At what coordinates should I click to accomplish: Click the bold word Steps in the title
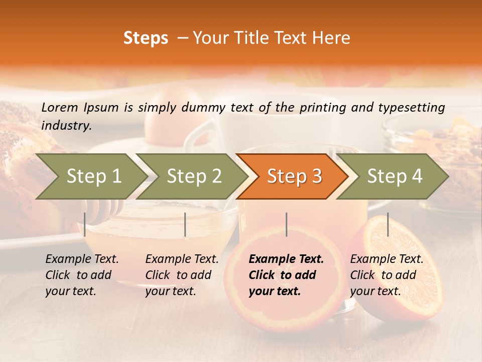click(146, 38)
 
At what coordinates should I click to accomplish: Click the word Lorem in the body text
click(60, 107)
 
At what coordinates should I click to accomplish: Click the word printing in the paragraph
click(321, 107)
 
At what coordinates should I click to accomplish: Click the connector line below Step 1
click(85, 224)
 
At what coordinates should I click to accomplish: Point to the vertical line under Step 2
click(185, 224)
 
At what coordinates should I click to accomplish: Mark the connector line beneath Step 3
click(286, 224)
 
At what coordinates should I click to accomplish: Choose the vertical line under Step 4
click(388, 224)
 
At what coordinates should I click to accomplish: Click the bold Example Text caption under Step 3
click(286, 275)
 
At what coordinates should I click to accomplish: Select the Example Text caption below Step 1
click(82, 275)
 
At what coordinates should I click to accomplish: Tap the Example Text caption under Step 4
click(387, 275)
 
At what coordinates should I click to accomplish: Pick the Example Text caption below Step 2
click(182, 275)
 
